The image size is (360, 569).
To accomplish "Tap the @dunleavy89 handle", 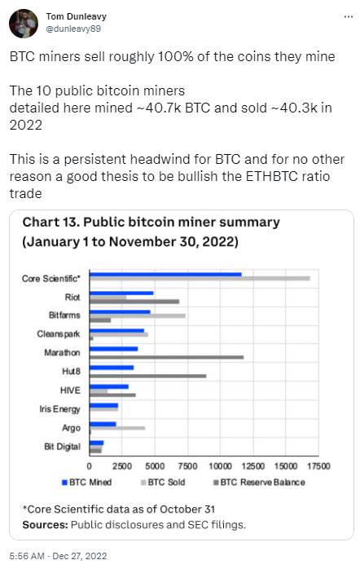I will click(x=72, y=29).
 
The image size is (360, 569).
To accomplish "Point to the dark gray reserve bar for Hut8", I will click(x=147, y=376).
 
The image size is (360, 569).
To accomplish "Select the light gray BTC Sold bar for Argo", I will click(x=117, y=428).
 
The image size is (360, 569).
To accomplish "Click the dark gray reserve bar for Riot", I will click(x=134, y=301).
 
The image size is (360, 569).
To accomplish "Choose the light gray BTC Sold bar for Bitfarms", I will click(x=138, y=315).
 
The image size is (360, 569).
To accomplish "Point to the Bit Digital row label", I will click(x=62, y=446).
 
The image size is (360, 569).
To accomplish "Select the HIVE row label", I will click(x=70, y=390).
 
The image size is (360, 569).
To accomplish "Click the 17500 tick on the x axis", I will click(x=318, y=465).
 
